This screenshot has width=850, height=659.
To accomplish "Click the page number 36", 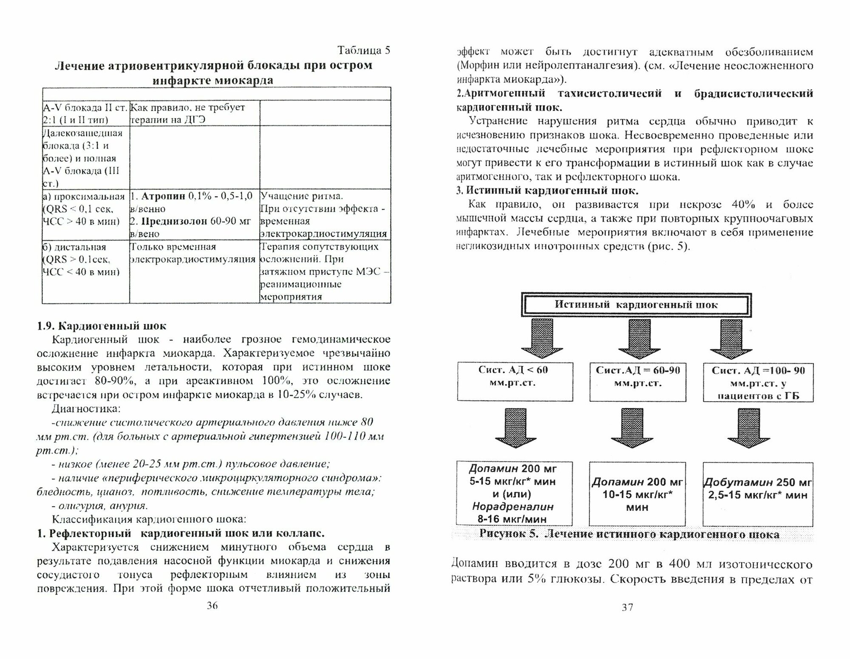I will point(212,606).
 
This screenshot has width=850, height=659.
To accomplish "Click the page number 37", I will point(627,608).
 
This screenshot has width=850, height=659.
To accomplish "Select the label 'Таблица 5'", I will point(363,51).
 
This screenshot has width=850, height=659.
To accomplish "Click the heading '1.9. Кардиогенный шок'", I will point(102,326).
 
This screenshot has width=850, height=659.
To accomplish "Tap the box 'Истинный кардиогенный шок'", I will point(636,305).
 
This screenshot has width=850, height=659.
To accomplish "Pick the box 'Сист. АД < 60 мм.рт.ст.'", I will point(515,381).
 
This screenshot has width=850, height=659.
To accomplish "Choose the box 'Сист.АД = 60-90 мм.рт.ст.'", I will point(637,381).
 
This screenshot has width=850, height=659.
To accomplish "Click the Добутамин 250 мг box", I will point(758,494).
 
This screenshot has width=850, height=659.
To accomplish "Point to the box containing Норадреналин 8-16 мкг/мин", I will point(514,494).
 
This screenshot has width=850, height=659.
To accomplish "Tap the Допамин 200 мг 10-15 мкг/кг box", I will point(637,494).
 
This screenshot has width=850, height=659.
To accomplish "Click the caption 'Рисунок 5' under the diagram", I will point(629,534).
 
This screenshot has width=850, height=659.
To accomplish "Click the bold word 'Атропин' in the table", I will point(163,196).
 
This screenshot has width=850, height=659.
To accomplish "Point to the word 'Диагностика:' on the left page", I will point(86,409).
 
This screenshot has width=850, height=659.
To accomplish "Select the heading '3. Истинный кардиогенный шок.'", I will point(547,191).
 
